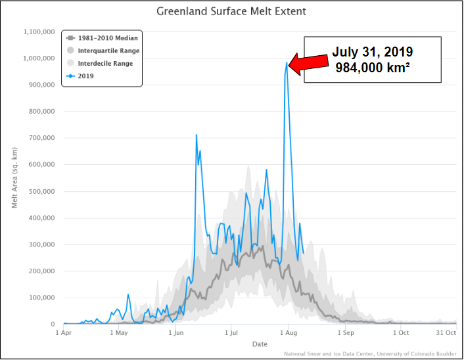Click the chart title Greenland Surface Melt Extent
(231, 12)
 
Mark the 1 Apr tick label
(64, 332)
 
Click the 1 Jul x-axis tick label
(231, 332)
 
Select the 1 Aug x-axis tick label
(288, 332)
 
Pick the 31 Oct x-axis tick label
(446, 332)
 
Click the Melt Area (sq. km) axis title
(14, 177)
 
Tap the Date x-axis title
(260, 344)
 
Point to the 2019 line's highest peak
(287, 63)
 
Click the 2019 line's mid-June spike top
(197, 135)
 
